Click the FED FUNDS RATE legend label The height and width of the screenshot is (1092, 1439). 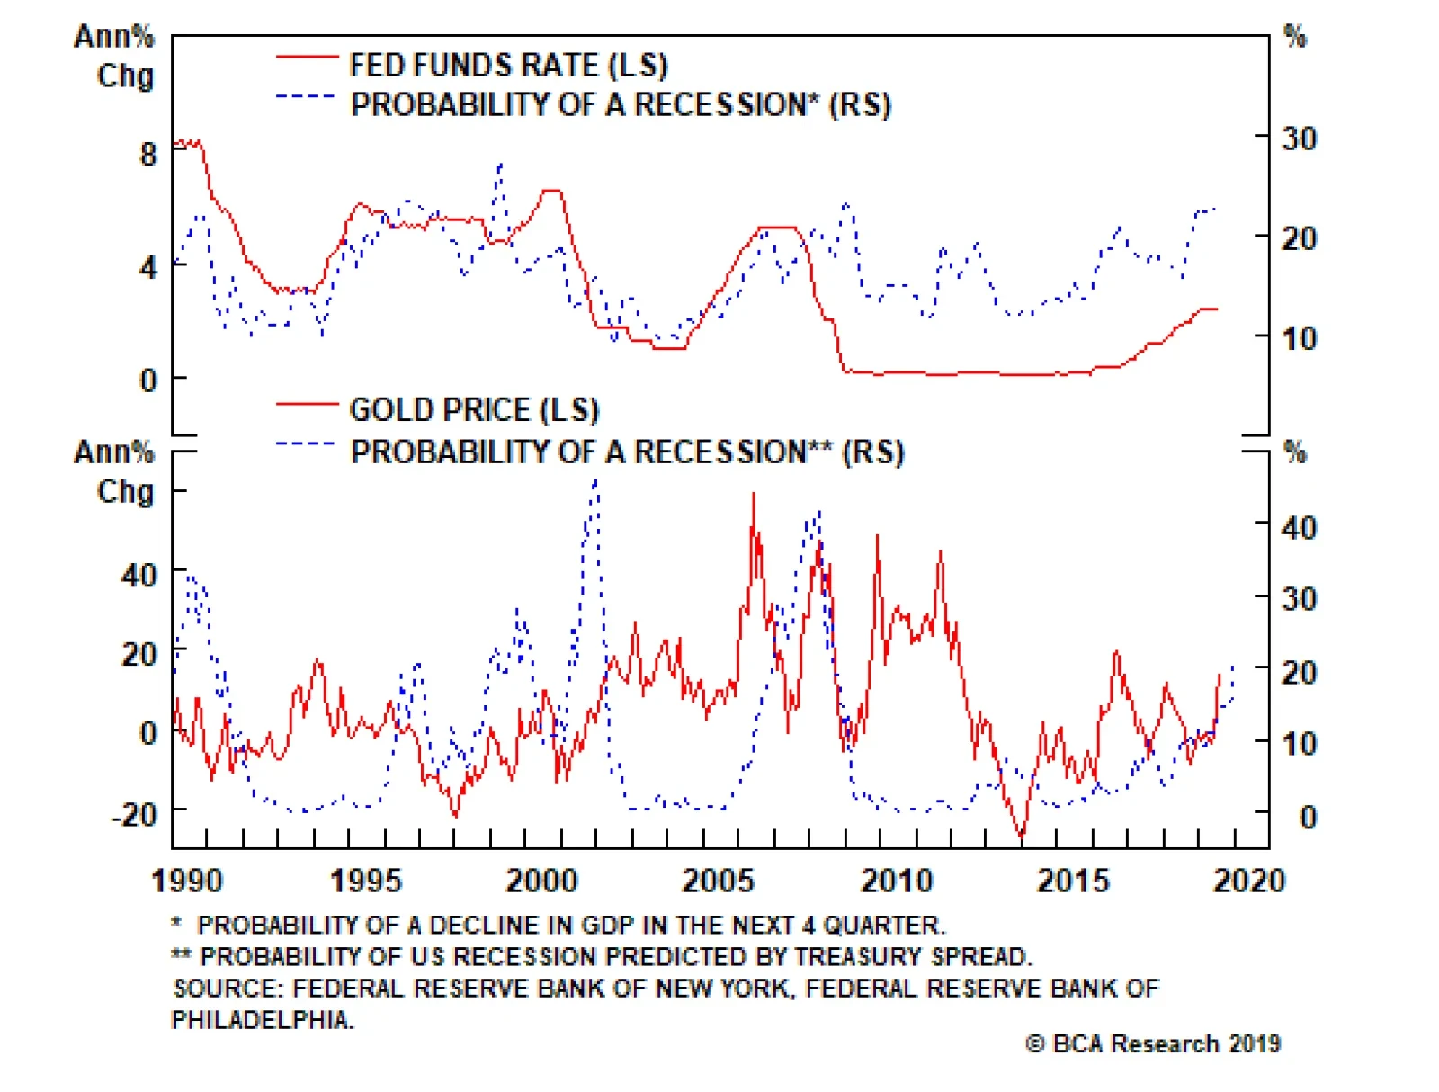tap(508, 65)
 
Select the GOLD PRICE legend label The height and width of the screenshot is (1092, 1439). tap(474, 409)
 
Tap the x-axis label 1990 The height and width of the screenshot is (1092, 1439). tap(187, 880)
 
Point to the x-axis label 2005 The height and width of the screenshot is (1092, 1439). tap(718, 880)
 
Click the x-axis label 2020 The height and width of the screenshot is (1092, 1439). tap(1248, 880)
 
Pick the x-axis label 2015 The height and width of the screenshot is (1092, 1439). tap(1073, 880)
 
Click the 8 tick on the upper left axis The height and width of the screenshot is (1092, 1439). tap(148, 154)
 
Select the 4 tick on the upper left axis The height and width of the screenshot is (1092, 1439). tap(148, 267)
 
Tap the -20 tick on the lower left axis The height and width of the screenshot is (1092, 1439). tap(134, 814)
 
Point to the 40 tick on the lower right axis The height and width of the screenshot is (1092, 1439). tap(1299, 527)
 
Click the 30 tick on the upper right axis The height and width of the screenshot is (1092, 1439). tap(1299, 139)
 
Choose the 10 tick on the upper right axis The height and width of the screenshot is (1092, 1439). tap(1299, 339)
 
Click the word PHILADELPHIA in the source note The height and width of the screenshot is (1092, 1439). tap(261, 1019)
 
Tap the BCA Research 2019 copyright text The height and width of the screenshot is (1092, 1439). tap(1153, 1043)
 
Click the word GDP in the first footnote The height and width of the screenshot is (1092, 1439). tap(607, 925)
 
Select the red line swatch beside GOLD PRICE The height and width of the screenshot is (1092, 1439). tap(306, 406)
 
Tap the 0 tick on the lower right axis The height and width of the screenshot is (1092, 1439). tap(1308, 817)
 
